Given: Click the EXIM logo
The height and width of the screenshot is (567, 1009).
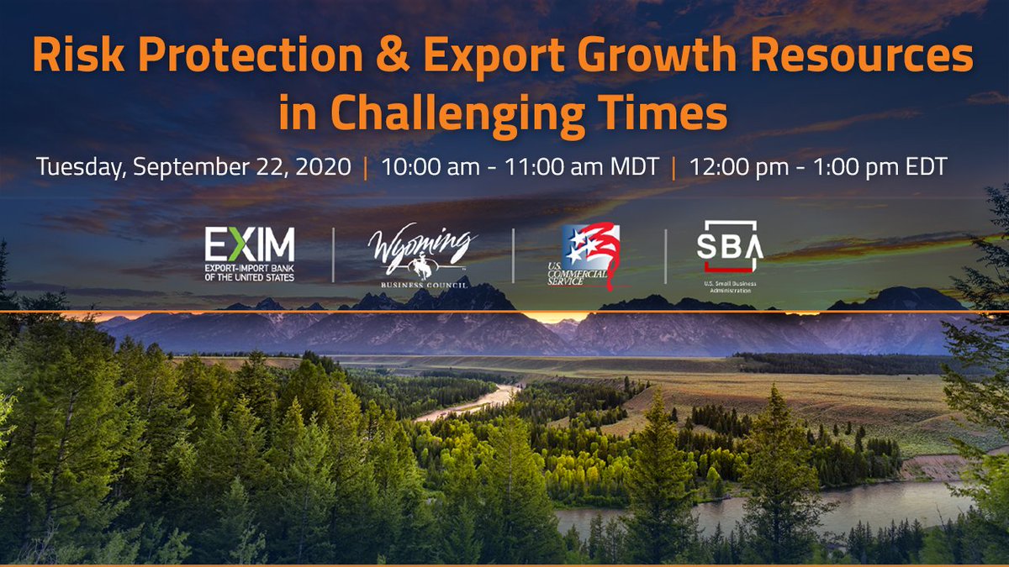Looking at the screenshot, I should click(250, 253).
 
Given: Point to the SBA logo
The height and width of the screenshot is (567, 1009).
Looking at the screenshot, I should click(728, 251).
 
